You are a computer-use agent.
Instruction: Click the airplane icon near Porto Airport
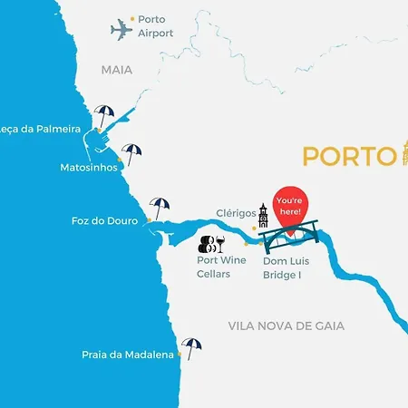point(121,29)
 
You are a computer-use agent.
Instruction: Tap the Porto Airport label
point(155,25)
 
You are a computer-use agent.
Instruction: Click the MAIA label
point(117,70)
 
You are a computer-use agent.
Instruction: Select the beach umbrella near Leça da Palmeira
point(105,116)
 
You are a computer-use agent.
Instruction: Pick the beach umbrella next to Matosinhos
point(132,154)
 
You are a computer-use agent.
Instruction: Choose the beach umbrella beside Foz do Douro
point(160,209)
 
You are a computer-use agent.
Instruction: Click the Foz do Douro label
point(104,221)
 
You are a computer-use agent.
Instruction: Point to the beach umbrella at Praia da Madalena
point(191,347)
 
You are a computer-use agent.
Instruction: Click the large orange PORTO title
point(348,156)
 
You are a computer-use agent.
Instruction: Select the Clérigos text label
point(236,214)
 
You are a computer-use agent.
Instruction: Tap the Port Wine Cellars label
point(221,267)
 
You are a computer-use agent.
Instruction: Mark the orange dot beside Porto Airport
point(132,18)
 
